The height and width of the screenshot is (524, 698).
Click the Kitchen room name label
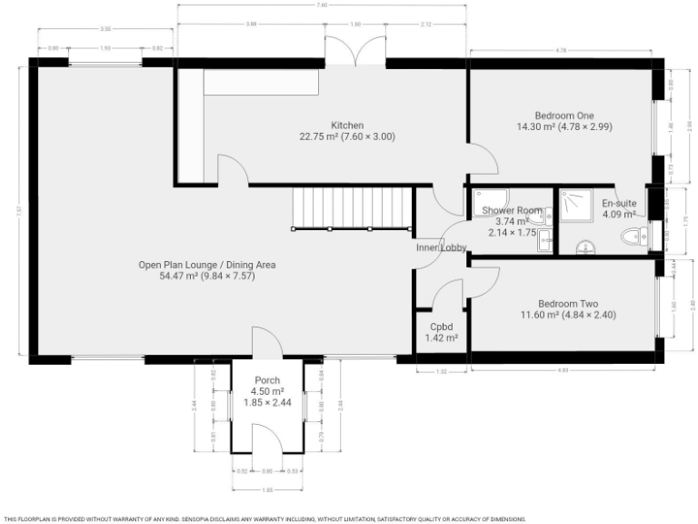point(347,125)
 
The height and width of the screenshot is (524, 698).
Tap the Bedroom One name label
point(563,116)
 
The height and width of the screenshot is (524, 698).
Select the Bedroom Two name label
point(567,304)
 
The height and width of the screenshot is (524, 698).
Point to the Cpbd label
point(441,327)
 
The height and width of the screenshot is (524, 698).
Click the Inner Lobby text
point(441,247)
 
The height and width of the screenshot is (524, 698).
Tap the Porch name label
point(267,380)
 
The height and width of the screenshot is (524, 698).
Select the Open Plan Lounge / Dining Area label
point(206,265)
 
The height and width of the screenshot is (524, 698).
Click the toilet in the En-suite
point(633,237)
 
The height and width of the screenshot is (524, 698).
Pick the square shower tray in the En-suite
point(574,204)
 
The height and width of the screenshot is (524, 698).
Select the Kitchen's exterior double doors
point(355,51)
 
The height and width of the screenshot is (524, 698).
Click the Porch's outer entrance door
point(267,439)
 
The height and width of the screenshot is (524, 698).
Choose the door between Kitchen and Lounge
point(230,170)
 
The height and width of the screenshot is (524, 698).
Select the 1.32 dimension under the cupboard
point(441,371)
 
